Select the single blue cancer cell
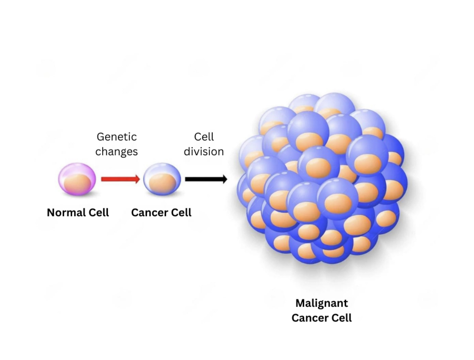click(162, 179)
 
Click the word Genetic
click(117, 137)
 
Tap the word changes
click(117, 152)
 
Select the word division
click(203, 152)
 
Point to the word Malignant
click(322, 303)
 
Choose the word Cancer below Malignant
click(310, 318)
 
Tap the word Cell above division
click(204, 137)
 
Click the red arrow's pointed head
click(137, 179)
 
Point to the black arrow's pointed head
click(224, 179)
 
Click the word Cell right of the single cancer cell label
click(180, 212)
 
